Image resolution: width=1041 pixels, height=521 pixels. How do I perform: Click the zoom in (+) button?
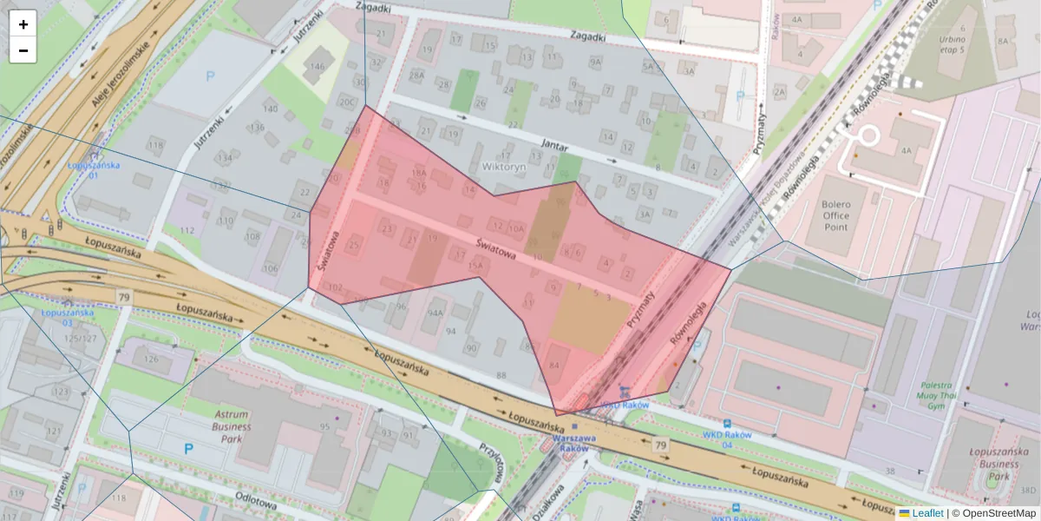[x=23, y=24]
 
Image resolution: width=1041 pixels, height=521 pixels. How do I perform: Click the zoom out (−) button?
[x=23, y=50]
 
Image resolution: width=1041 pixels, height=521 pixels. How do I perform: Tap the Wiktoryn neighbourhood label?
[x=503, y=165]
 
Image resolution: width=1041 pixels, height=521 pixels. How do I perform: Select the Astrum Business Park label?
[x=231, y=427]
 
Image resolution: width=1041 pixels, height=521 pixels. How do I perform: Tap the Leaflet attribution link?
[x=926, y=513]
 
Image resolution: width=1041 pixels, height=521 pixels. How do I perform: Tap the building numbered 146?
[x=318, y=67]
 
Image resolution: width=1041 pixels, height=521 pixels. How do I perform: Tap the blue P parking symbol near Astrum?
[x=188, y=449]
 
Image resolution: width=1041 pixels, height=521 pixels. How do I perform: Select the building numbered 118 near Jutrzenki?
[x=156, y=144]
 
